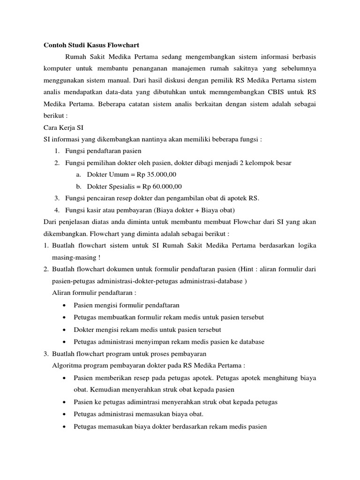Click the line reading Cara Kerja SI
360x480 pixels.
63,127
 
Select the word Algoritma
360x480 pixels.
67,365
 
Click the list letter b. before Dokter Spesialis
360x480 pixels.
78,186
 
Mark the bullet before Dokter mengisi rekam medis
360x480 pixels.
64,330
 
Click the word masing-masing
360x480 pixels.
75,257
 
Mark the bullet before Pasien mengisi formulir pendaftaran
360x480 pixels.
64,305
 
